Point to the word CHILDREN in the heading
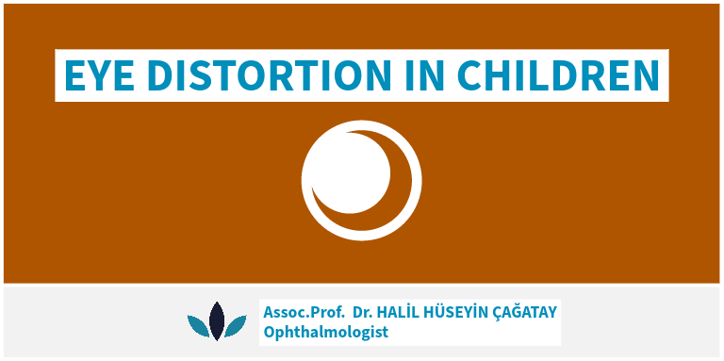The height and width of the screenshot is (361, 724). point(558,75)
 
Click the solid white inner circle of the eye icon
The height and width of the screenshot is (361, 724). point(350,173)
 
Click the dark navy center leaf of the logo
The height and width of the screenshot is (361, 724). point(217,321)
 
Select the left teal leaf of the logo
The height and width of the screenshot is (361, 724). point(198,325)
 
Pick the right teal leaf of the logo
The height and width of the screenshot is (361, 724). point(236,325)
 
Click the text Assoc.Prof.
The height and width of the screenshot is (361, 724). point(304,312)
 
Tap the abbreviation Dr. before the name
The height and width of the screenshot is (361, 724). point(363,312)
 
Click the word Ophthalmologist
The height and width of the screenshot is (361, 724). point(325,332)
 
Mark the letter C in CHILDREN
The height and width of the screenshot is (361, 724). point(469,75)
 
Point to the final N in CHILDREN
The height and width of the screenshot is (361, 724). point(647,75)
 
